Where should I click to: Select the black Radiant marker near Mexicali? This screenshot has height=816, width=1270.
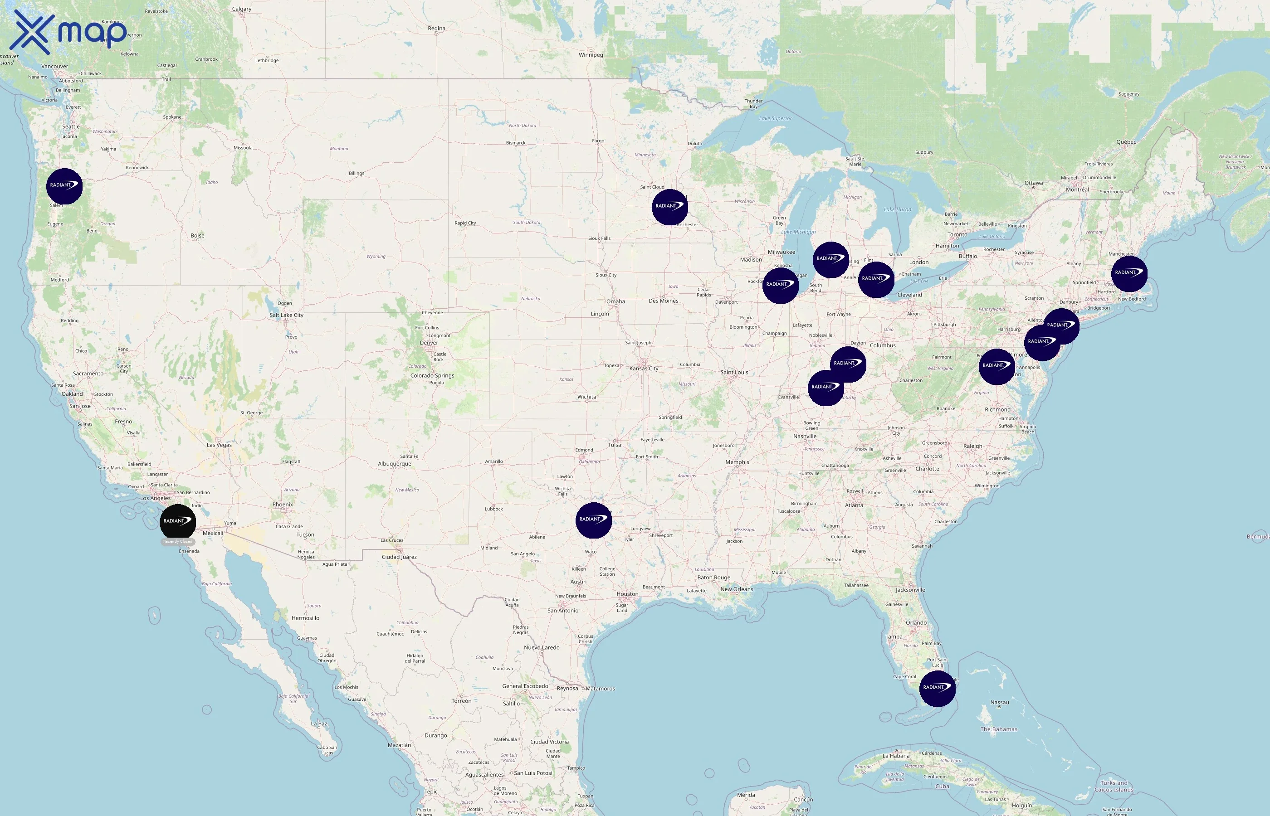click(x=177, y=522)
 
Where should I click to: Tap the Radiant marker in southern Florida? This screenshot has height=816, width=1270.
click(x=937, y=688)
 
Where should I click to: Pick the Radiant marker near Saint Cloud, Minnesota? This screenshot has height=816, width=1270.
click(x=670, y=207)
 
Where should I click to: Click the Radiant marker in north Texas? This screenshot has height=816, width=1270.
click(x=594, y=520)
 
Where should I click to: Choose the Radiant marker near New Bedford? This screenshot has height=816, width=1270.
click(x=1129, y=273)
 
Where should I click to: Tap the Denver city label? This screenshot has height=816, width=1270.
click(x=429, y=343)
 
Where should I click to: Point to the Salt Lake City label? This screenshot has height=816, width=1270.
click(x=286, y=315)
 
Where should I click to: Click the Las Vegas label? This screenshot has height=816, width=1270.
click(x=219, y=445)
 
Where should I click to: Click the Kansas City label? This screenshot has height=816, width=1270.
click(x=644, y=369)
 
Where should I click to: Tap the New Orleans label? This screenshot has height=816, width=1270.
click(x=736, y=589)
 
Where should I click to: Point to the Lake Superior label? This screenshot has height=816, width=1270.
click(x=775, y=119)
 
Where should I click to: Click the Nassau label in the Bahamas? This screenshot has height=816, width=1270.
click(x=999, y=703)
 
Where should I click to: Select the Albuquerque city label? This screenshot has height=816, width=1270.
click(x=394, y=464)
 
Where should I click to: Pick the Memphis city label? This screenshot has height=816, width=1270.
click(x=737, y=462)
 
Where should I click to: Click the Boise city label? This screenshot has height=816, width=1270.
click(x=197, y=236)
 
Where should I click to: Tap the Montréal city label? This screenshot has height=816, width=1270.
click(x=1077, y=189)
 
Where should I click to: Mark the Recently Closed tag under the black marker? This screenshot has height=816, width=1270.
click(x=177, y=542)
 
